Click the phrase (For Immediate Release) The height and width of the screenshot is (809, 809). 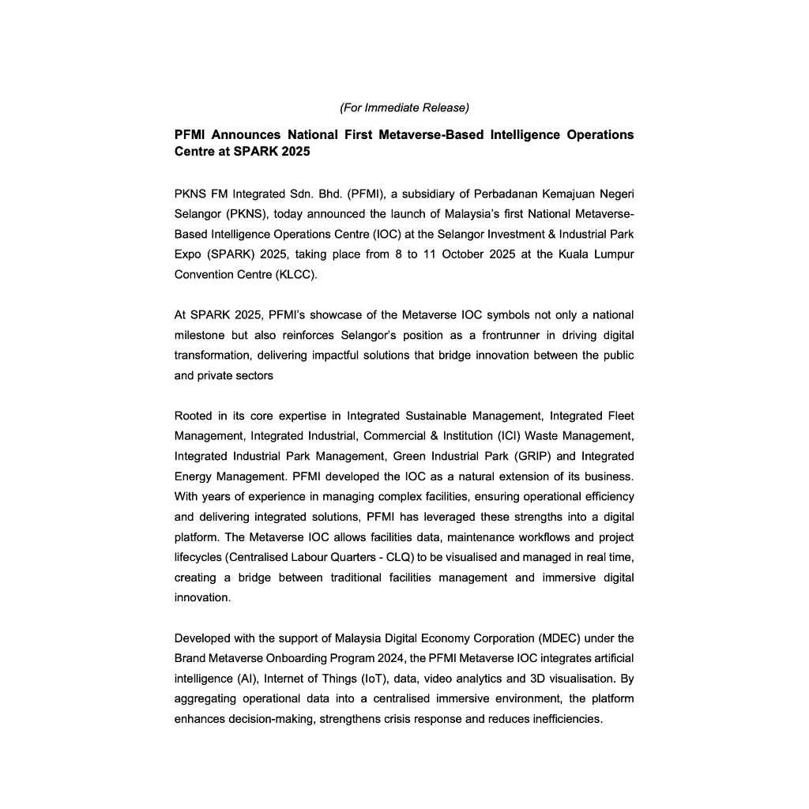(x=404, y=107)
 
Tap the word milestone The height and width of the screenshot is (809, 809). (x=199, y=335)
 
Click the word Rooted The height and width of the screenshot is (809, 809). (x=192, y=416)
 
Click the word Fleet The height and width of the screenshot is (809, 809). (x=618, y=416)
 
